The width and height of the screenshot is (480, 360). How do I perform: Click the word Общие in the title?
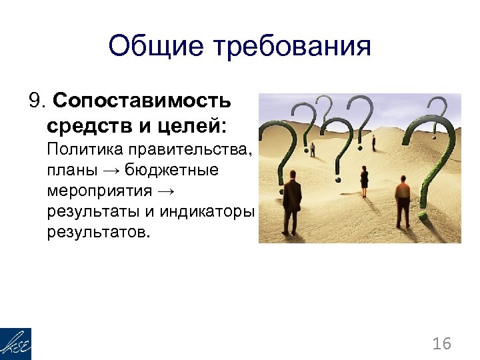(x=155, y=47)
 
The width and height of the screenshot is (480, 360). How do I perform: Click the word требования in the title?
(x=291, y=47)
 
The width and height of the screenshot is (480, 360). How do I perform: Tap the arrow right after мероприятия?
(x=167, y=192)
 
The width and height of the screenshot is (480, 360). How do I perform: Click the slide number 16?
(x=441, y=344)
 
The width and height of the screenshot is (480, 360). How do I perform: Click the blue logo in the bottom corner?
(x=15, y=344)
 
